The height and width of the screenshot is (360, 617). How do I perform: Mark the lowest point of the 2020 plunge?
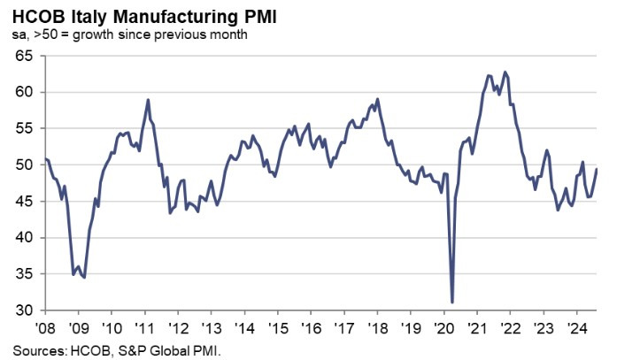(452, 303)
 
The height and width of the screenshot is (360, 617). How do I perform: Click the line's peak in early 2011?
(148, 100)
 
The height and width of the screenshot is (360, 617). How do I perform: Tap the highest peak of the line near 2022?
(505, 73)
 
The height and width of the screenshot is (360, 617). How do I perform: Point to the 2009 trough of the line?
(84, 278)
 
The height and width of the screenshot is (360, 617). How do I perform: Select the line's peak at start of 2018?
(378, 99)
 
